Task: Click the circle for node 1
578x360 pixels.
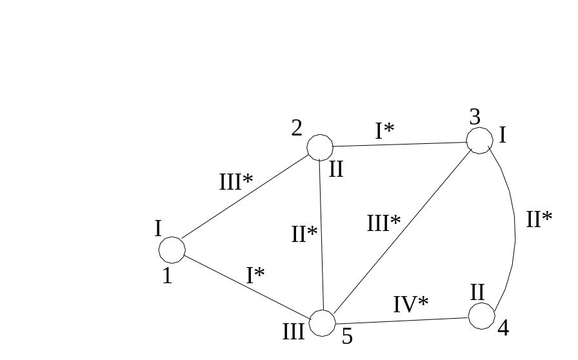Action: pyautogui.click(x=172, y=250)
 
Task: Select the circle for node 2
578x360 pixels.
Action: pyautogui.click(x=320, y=148)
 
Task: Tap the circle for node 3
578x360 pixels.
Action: pyautogui.click(x=479, y=140)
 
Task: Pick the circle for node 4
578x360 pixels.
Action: pyautogui.click(x=481, y=315)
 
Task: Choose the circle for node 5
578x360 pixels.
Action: pyautogui.click(x=323, y=323)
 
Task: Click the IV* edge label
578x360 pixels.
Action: pyautogui.click(x=411, y=304)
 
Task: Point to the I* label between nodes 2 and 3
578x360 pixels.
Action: pyautogui.click(x=384, y=131)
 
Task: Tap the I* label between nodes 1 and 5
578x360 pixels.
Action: pyautogui.click(x=255, y=275)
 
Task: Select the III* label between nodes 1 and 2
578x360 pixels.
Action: pyautogui.click(x=235, y=182)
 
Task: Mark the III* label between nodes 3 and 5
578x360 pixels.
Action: pyautogui.click(x=383, y=223)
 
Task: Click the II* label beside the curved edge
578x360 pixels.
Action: pyautogui.click(x=539, y=219)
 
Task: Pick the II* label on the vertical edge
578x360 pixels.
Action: pyautogui.click(x=304, y=234)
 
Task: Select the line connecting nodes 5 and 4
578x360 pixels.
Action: pyautogui.click(x=401, y=321)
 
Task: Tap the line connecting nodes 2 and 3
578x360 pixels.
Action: pyautogui.click(x=400, y=144)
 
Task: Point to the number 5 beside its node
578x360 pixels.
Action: pyautogui.click(x=347, y=336)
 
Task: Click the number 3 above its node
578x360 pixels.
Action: pyautogui.click(x=475, y=117)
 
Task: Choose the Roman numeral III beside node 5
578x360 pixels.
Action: pyautogui.click(x=294, y=332)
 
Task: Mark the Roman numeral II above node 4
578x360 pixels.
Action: pyautogui.click(x=477, y=292)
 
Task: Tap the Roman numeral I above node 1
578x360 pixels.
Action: pyautogui.click(x=157, y=228)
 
